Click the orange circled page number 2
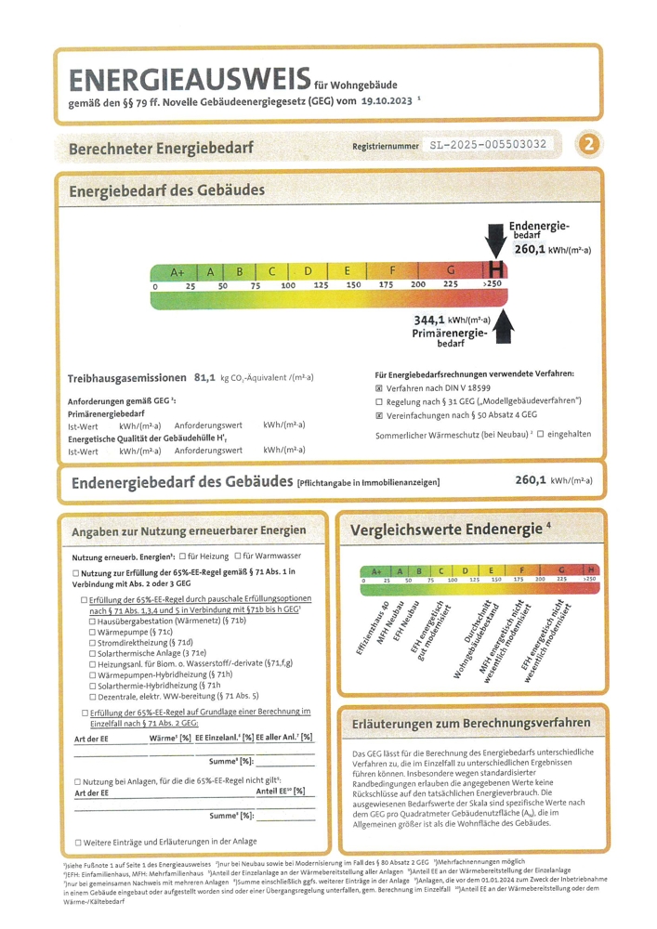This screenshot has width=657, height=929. coord(587,145)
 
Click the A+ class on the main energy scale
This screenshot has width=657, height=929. coord(177,271)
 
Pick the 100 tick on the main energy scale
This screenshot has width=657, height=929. coord(288,285)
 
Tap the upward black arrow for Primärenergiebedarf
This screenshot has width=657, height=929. coord(504,328)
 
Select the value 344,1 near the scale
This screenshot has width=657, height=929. coord(429,319)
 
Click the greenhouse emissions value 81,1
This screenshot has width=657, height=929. coord(204,378)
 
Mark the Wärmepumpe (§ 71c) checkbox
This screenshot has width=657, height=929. coord(92,632)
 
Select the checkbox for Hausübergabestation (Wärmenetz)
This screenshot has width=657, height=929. coord(92,621)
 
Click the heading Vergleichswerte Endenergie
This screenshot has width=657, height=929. coord(446,530)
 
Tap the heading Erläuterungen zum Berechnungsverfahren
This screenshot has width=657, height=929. coord(471,722)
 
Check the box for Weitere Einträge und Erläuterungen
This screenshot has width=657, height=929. coord(78,843)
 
